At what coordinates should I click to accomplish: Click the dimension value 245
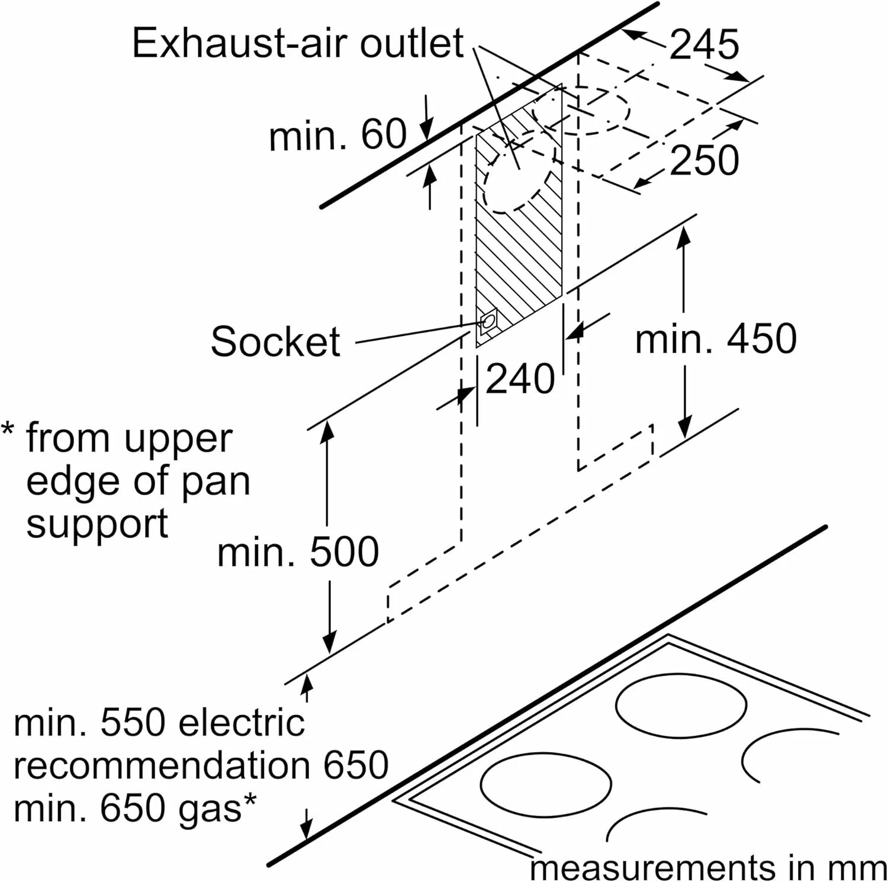(704, 44)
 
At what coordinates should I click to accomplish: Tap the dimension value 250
(704, 160)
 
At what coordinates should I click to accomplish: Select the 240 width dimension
(520, 379)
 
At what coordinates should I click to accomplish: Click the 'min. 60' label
(337, 136)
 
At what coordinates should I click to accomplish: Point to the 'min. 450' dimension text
(716, 340)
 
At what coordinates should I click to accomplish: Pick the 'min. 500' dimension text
(298, 552)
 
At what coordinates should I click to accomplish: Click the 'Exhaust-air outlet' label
(298, 43)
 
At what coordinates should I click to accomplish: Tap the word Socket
(275, 342)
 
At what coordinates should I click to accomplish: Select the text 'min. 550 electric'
(159, 723)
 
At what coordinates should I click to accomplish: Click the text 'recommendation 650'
(201, 765)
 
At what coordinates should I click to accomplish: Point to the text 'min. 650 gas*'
(135, 808)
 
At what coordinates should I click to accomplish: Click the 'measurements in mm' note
(708, 868)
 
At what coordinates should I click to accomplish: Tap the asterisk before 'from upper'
(8, 429)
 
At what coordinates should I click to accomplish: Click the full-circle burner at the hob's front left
(545, 784)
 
